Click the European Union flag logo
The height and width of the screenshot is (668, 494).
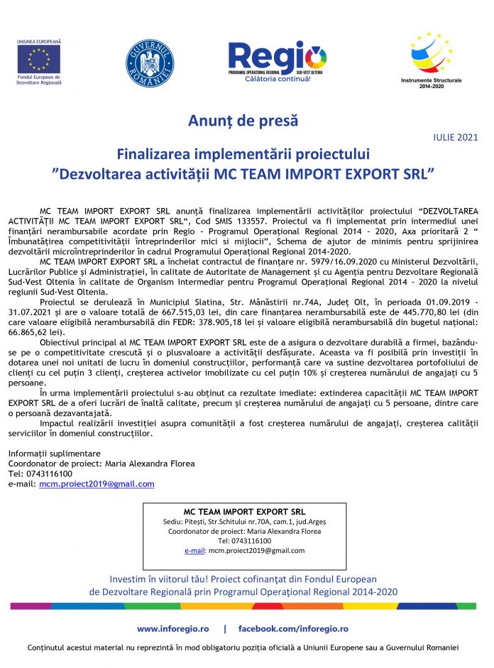point(38,58)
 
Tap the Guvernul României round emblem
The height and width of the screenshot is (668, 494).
point(149,62)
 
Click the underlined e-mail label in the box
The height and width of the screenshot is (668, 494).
point(194,550)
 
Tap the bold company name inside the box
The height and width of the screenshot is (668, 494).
point(244,511)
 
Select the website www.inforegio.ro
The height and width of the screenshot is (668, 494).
point(173,629)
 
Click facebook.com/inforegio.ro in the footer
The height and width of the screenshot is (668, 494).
point(293,629)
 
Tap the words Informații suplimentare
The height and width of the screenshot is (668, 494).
point(54,453)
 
